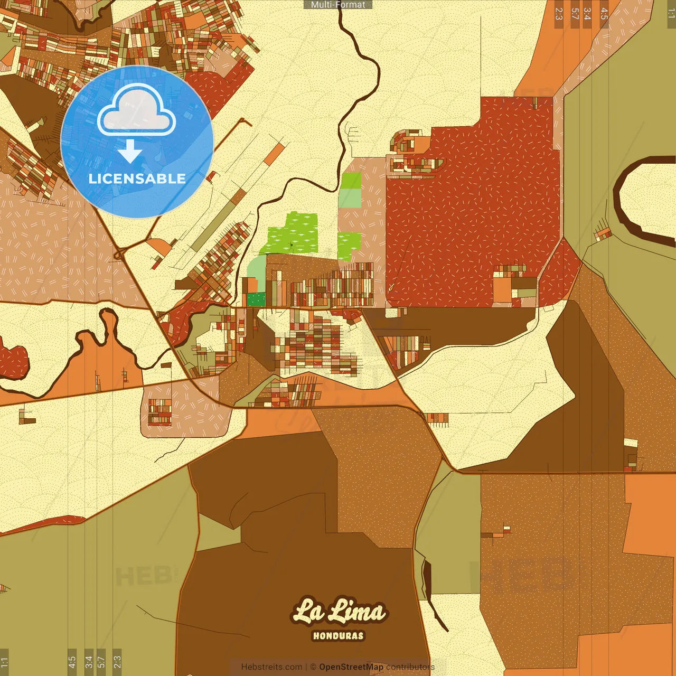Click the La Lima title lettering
pyautogui.click(x=339, y=612)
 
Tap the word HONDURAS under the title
pyautogui.click(x=338, y=636)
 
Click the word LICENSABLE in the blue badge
pyautogui.click(x=137, y=179)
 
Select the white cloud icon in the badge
pyautogui.click(x=136, y=110)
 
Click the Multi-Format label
pyautogui.click(x=338, y=4)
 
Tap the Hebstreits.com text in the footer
pyautogui.click(x=271, y=667)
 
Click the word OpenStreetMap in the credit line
pyautogui.click(x=351, y=667)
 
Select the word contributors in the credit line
pyautogui.click(x=410, y=667)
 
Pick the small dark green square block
pyautogui.click(x=256, y=299)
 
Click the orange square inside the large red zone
pyautogui.click(x=502, y=289)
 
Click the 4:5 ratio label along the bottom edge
pyautogui.click(x=72, y=662)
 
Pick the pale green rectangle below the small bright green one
pyautogui.click(x=349, y=198)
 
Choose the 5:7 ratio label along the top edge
pyautogui.click(x=575, y=14)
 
